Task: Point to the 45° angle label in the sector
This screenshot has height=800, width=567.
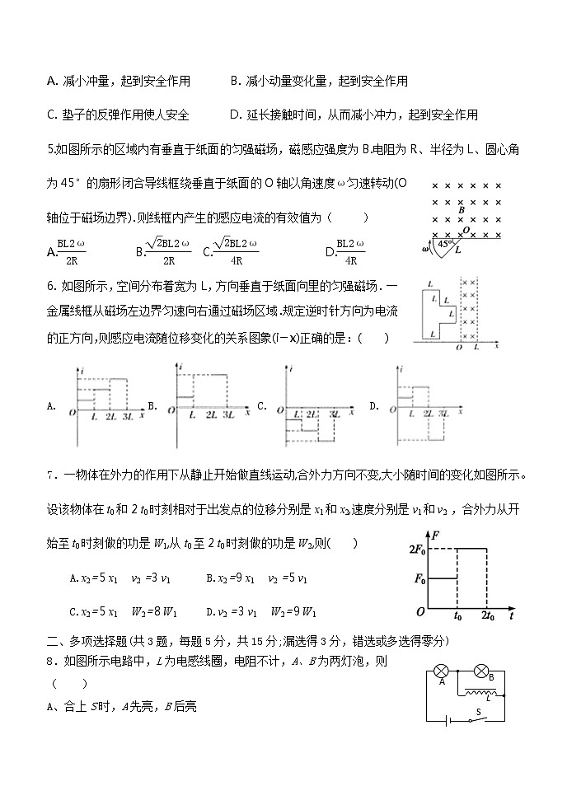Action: point(445,244)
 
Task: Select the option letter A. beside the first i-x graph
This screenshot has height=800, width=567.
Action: point(52,405)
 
